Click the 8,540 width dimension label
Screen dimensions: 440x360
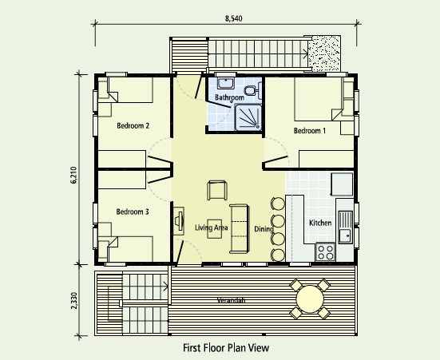233,18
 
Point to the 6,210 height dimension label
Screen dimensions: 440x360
73,175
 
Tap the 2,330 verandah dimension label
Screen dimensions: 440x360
73,300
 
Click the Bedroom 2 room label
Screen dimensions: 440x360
133,125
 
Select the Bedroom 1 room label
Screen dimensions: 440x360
310,130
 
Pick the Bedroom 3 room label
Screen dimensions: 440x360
133,212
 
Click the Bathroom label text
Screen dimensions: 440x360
229,97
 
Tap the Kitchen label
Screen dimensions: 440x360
320,223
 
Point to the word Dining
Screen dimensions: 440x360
264,229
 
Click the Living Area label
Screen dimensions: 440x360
212,227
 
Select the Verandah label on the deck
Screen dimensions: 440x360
232,300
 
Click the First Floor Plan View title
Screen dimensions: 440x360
226,348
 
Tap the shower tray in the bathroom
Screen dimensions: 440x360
248,117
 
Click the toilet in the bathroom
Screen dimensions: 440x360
253,90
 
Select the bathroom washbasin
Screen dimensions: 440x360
226,83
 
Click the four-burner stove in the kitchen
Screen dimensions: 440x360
325,251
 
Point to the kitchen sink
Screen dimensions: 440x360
346,227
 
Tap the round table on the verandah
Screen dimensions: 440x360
310,299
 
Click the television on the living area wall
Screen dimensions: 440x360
179,220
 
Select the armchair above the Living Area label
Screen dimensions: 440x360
217,190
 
